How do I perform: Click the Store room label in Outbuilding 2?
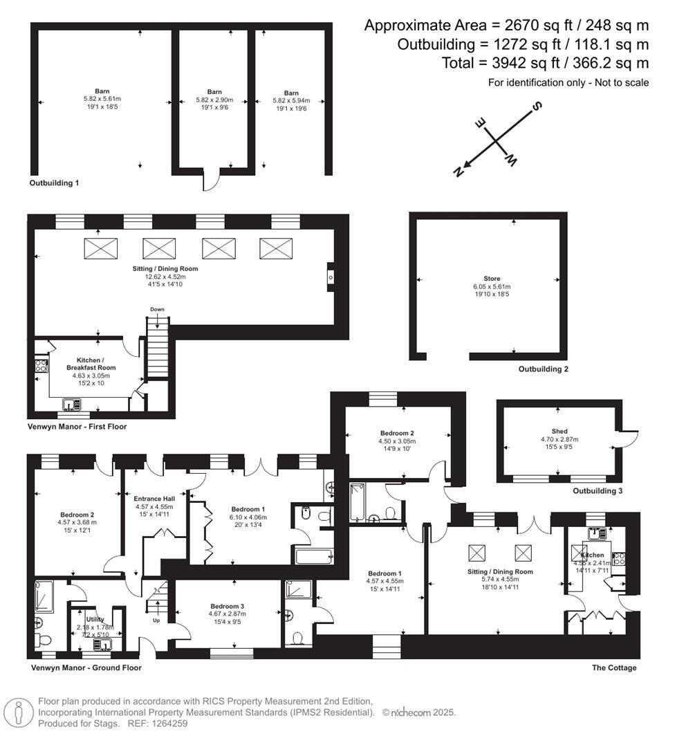pos(492,279)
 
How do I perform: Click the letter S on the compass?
pos(536,107)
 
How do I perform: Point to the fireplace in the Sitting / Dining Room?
pos(331,277)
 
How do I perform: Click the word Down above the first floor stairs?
pos(157,309)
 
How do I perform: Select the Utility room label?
pos(95,620)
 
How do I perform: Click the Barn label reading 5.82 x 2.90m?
pos(214,91)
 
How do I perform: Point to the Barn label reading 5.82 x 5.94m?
pos(291,93)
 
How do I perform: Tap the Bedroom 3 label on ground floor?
pos(228,606)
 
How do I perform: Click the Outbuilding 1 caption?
pos(54,183)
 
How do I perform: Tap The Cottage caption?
pos(614,667)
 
